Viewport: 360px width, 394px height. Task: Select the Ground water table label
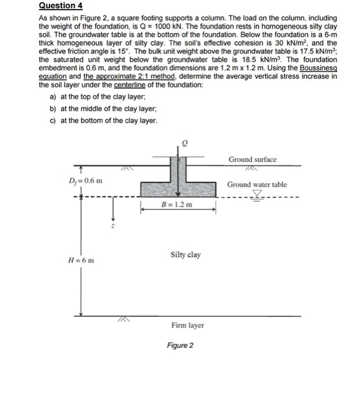(256, 185)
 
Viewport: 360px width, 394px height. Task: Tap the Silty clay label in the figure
(185, 255)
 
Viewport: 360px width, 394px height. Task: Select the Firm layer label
(188, 325)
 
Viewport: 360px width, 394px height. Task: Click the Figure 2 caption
(180, 345)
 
